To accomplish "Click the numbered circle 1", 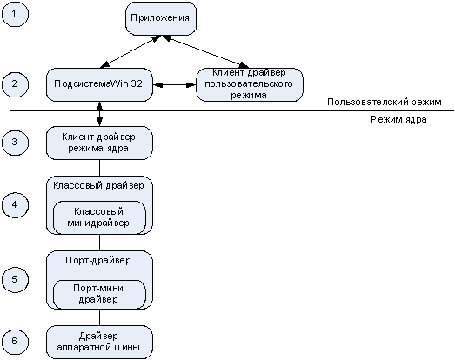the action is coord(15,14).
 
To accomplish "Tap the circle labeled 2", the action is coord(15,84).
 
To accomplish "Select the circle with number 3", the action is coord(15,143).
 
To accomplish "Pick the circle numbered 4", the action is coord(15,205).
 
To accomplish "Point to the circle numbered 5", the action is coord(15,279).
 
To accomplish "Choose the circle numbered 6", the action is coord(15,341).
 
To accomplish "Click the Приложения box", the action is coord(161,18).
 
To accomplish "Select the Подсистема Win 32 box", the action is coord(99,84).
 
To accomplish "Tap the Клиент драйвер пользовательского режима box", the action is coord(250,84).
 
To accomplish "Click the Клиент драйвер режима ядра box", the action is coord(99,143).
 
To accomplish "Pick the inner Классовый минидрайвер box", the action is coord(99,217).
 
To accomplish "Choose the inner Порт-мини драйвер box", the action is coord(99,294).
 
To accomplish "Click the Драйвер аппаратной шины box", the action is coord(99,342).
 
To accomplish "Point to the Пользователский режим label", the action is coord(385,102).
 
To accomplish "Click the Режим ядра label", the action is coord(398,119).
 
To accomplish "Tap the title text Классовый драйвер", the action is coord(98,186).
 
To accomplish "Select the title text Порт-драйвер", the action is coord(98,260).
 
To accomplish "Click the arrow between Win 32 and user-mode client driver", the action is coord(175,84).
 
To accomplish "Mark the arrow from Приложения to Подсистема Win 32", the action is coord(130,51).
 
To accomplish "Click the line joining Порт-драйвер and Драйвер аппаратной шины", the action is coord(99,317).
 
